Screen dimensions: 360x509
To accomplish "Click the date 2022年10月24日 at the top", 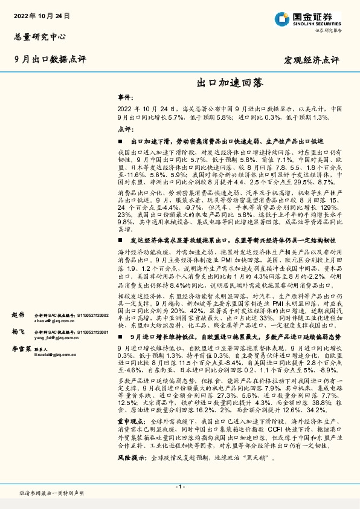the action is (x=41, y=14).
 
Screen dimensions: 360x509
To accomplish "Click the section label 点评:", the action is (x=124, y=129).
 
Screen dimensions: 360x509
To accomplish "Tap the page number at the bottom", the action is (x=179, y=487).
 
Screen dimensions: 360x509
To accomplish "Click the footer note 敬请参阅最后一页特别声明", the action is (x=51, y=493).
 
